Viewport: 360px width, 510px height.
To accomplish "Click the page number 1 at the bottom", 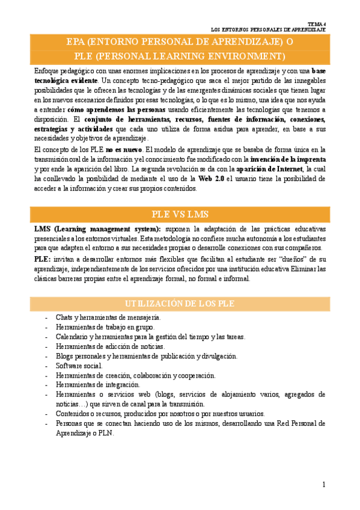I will pos(323,485).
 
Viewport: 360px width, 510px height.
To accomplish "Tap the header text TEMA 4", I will pos(316,22).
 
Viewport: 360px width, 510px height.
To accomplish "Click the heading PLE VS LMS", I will pos(180,215).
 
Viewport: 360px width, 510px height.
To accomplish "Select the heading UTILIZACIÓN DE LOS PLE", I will pos(180,303).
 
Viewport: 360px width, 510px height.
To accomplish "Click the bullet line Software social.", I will pos(79,366).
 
